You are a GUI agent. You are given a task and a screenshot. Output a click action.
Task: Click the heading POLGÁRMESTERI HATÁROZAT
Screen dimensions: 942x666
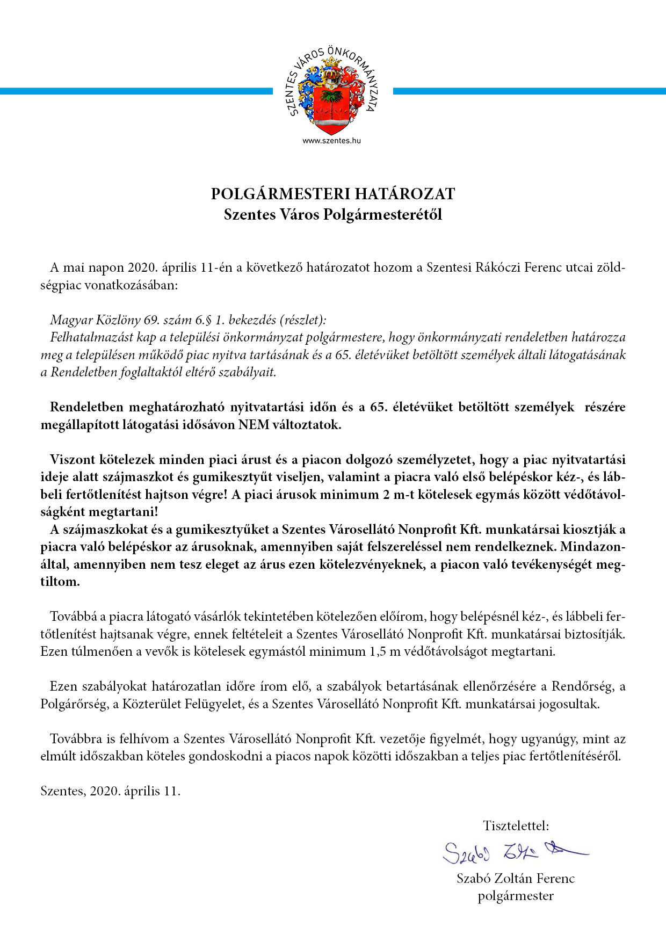pos(333,194)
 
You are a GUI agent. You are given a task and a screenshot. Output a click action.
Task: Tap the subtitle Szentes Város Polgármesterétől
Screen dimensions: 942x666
pos(333,215)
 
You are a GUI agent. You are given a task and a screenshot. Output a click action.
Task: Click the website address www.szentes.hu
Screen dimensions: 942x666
pos(331,141)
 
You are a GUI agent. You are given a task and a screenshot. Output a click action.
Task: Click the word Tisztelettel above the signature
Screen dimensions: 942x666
pos(516,825)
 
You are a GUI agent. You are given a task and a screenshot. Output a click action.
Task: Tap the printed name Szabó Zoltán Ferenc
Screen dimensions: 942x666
pos(516,878)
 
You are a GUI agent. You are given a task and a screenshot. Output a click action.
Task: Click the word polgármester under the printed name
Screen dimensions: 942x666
pos(516,896)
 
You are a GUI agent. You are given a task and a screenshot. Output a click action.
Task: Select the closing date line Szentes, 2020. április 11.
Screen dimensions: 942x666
pos(111,791)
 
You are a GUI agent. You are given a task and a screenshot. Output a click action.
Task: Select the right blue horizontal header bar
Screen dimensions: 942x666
pos(529,91)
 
